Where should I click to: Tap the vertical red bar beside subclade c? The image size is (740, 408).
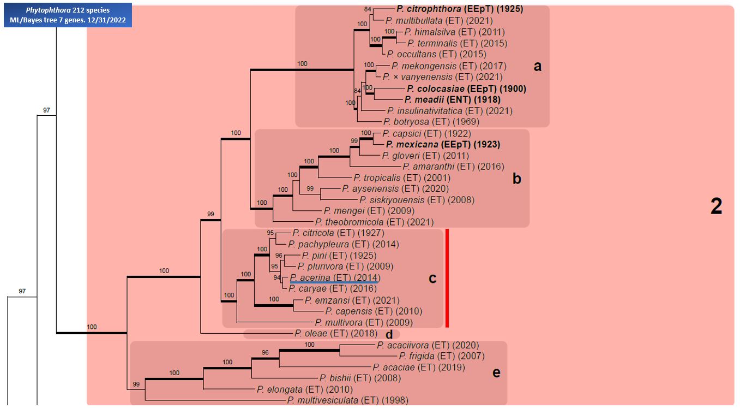[x=447, y=278]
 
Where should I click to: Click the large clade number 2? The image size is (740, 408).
[x=716, y=206]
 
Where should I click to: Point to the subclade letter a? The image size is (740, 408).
[x=538, y=67]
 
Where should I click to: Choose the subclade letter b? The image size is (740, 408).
[x=517, y=179]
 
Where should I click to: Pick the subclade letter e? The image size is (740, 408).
[x=496, y=372]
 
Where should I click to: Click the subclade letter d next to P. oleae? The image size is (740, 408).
[x=389, y=334]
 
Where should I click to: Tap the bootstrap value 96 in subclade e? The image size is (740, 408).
[x=266, y=353]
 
